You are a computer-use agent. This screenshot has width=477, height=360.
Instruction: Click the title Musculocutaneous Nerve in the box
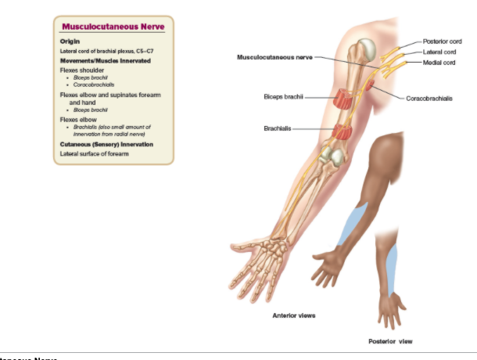(x=113, y=27)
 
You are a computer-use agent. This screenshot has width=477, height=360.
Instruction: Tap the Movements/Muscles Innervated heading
(x=105, y=60)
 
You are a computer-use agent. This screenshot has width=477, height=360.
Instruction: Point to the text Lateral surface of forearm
(x=94, y=154)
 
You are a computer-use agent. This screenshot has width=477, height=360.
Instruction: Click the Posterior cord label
(x=442, y=41)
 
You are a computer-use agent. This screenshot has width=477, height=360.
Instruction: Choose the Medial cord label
(x=439, y=62)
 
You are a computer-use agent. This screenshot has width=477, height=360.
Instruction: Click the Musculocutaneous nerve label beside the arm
(x=278, y=57)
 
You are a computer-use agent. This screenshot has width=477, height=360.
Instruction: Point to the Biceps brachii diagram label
(x=282, y=98)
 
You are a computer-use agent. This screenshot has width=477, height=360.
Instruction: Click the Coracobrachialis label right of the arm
(x=429, y=99)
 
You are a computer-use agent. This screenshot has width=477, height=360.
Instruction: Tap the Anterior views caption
(x=293, y=315)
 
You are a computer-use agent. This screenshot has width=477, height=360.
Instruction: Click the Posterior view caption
(x=389, y=341)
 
